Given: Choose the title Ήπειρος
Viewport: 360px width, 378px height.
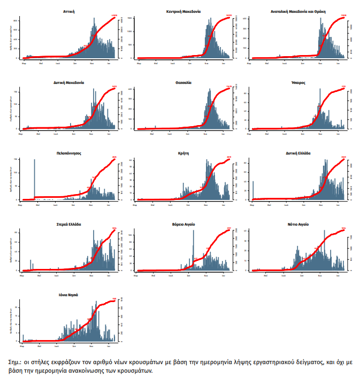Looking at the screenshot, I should pyautogui.click(x=298, y=83).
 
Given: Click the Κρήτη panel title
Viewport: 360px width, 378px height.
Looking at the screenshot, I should pyautogui.click(x=183, y=152).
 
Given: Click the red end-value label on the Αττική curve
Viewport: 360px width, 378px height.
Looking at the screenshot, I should pyautogui.click(x=113, y=16).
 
